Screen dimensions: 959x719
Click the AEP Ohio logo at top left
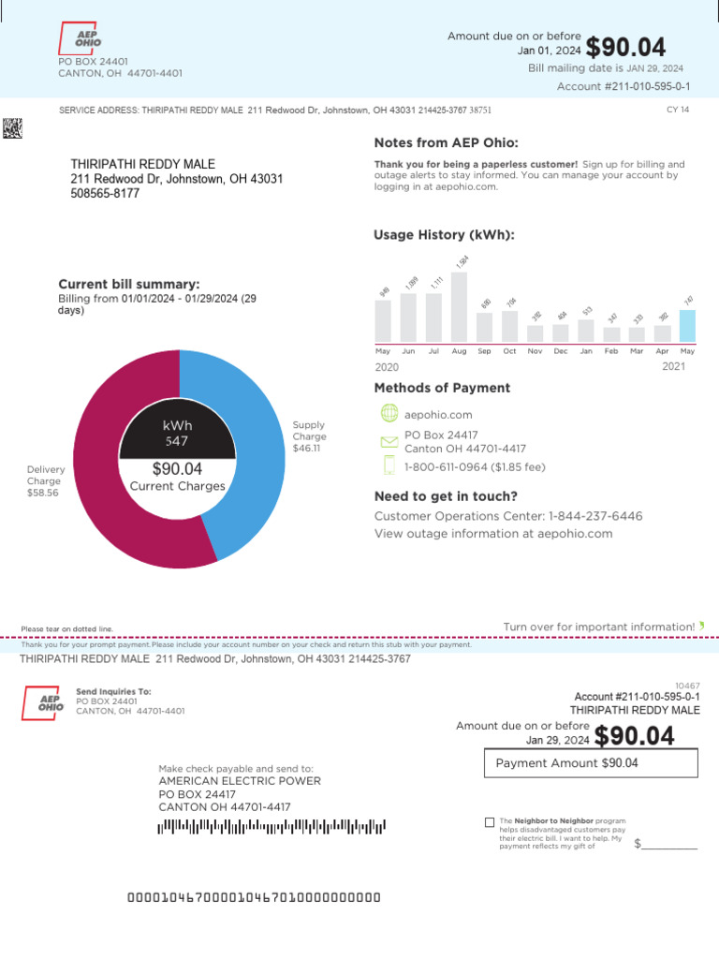pyautogui.click(x=80, y=38)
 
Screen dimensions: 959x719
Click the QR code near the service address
pyautogui.click(x=12, y=128)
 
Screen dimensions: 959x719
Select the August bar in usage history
pyautogui.click(x=459, y=307)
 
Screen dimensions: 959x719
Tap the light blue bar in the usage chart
pyautogui.click(x=687, y=326)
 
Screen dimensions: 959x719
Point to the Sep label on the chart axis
pyautogui.click(x=484, y=350)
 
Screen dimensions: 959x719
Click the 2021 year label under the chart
pyautogui.click(x=673, y=366)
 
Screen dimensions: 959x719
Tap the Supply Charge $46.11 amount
pyautogui.click(x=306, y=448)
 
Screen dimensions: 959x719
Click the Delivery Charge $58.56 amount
pyautogui.click(x=43, y=493)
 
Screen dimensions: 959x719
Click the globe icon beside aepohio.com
pyautogui.click(x=389, y=413)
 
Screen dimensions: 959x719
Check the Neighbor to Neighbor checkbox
pyautogui.click(x=490, y=822)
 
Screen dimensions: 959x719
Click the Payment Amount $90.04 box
pyautogui.click(x=591, y=763)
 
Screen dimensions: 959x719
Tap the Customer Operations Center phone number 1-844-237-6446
pyautogui.click(x=595, y=516)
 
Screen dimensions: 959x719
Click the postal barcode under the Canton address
pyautogui.click(x=271, y=826)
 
